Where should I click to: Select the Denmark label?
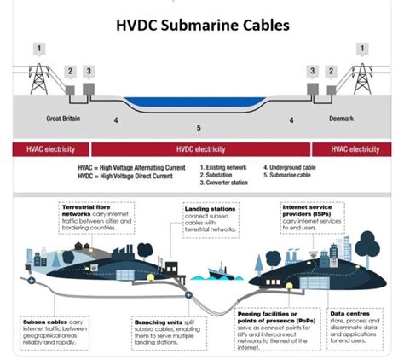coord(340,119)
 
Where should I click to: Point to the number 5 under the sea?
coord(199,129)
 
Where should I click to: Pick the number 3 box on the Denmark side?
coord(313,71)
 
